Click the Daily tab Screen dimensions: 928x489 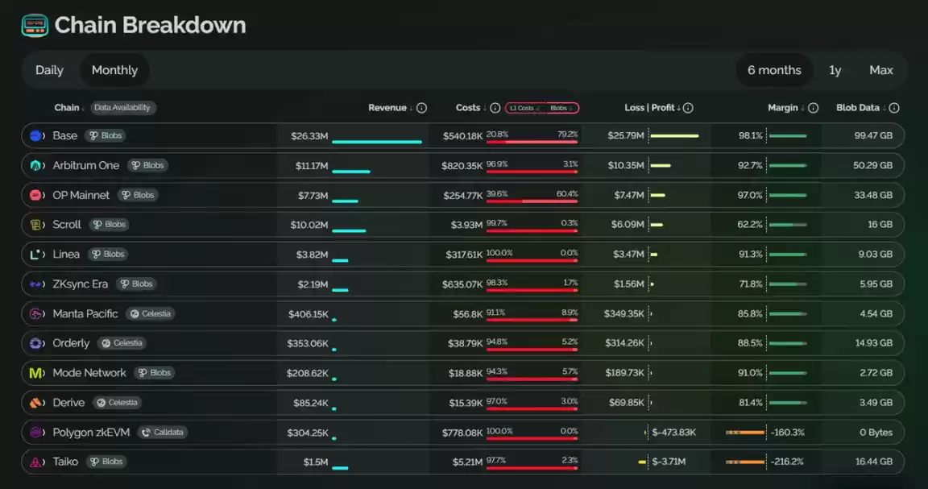[x=49, y=70]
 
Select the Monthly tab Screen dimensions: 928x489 [x=115, y=70]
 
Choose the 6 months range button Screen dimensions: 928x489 [x=774, y=70]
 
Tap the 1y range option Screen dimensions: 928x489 [x=835, y=70]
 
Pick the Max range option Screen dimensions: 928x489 [x=880, y=70]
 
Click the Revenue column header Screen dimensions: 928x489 [x=387, y=108]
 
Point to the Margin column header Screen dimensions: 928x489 [x=783, y=108]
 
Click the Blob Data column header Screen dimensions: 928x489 [x=858, y=108]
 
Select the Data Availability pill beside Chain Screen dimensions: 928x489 [x=122, y=108]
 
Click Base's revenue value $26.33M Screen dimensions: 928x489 [x=309, y=136]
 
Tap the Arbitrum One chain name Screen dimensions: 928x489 [x=86, y=165]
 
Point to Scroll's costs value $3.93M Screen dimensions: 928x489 [x=466, y=225]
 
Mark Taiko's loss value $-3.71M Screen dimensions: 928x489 [x=669, y=462]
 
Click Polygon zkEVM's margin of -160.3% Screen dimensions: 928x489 [x=787, y=432]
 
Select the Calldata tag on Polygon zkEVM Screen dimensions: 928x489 [x=163, y=432]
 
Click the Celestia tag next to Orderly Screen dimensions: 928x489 [x=122, y=343]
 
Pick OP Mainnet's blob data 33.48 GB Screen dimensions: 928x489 [x=873, y=196]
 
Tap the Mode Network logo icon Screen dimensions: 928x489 [x=36, y=373]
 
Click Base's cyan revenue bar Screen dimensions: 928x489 [x=377, y=142]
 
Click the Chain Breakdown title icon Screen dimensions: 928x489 [x=35, y=26]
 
